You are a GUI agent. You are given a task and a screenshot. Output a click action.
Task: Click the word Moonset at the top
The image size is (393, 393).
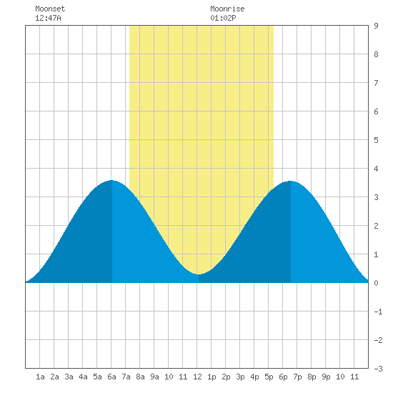(x=50, y=9)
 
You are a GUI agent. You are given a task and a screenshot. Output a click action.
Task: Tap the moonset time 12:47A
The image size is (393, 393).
(x=48, y=18)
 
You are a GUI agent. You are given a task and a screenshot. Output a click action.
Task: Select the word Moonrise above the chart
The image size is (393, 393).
(x=227, y=9)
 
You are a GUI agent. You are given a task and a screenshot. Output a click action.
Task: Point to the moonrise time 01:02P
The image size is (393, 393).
(x=223, y=18)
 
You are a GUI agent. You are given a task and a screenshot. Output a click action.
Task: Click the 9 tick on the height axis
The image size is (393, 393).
(x=376, y=26)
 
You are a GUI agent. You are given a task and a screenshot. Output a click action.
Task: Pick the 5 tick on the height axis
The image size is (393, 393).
(x=376, y=140)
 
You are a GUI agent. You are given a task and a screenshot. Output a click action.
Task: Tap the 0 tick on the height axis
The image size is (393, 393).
(x=376, y=283)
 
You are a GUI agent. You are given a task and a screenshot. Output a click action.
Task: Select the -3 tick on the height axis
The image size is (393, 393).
(x=378, y=369)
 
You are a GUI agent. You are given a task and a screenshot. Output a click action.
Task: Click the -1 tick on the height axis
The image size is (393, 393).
(x=378, y=312)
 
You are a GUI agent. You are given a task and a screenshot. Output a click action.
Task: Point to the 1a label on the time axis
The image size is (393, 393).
(x=40, y=377)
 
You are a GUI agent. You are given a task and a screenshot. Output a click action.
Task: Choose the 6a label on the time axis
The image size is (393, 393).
(x=111, y=377)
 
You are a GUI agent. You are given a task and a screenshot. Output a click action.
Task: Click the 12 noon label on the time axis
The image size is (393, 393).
(x=197, y=377)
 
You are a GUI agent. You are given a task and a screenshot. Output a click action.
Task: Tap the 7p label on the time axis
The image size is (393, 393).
(x=297, y=377)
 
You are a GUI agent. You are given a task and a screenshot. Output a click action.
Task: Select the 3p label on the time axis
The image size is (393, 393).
(x=240, y=377)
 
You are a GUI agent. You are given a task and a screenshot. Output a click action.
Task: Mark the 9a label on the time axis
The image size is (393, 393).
(x=154, y=377)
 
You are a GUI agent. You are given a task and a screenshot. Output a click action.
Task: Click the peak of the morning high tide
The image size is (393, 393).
(x=111, y=180)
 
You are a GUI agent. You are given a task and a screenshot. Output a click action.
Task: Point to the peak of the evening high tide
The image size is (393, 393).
(x=290, y=181)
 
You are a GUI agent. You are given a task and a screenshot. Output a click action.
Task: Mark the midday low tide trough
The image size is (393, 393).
(x=198, y=274)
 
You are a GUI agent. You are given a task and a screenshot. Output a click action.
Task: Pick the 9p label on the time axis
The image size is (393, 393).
(x=326, y=377)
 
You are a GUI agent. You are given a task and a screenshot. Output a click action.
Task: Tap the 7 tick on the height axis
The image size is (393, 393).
(x=376, y=83)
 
